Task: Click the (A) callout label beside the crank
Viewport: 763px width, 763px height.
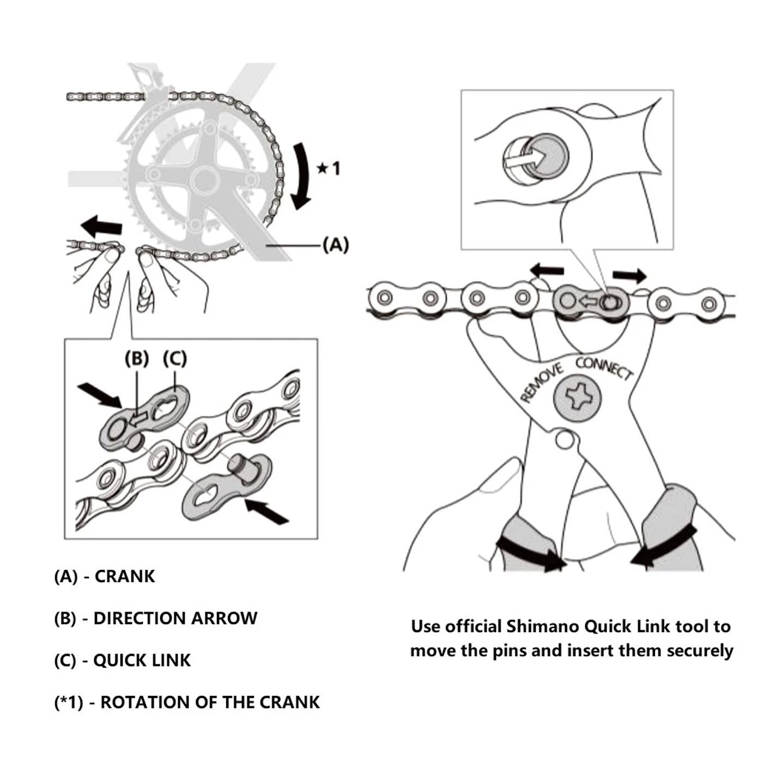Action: pos(335,245)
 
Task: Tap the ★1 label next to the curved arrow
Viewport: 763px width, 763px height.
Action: pos(329,168)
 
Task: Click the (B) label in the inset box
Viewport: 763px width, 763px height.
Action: pos(136,359)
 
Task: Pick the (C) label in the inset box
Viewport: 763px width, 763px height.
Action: pos(175,359)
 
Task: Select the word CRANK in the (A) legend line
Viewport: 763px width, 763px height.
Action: pos(125,577)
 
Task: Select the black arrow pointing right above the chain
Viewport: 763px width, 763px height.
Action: pos(629,275)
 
